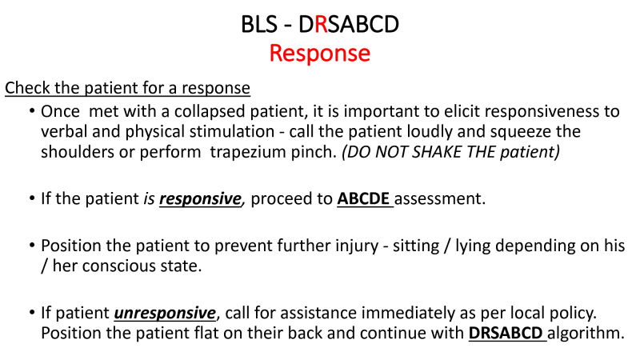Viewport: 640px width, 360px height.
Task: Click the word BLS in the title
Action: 259,24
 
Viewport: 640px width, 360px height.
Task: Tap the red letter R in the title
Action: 321,24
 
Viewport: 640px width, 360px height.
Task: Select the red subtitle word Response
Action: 319,54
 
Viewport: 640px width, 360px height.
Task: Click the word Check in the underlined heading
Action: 27,88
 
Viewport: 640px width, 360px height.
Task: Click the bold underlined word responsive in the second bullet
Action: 200,198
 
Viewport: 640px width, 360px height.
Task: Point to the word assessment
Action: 439,198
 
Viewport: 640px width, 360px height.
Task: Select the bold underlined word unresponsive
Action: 165,313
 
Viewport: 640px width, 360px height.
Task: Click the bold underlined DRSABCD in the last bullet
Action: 506,333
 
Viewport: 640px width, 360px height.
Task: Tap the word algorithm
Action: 586,333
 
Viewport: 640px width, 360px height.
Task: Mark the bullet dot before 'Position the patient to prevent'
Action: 32,246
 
